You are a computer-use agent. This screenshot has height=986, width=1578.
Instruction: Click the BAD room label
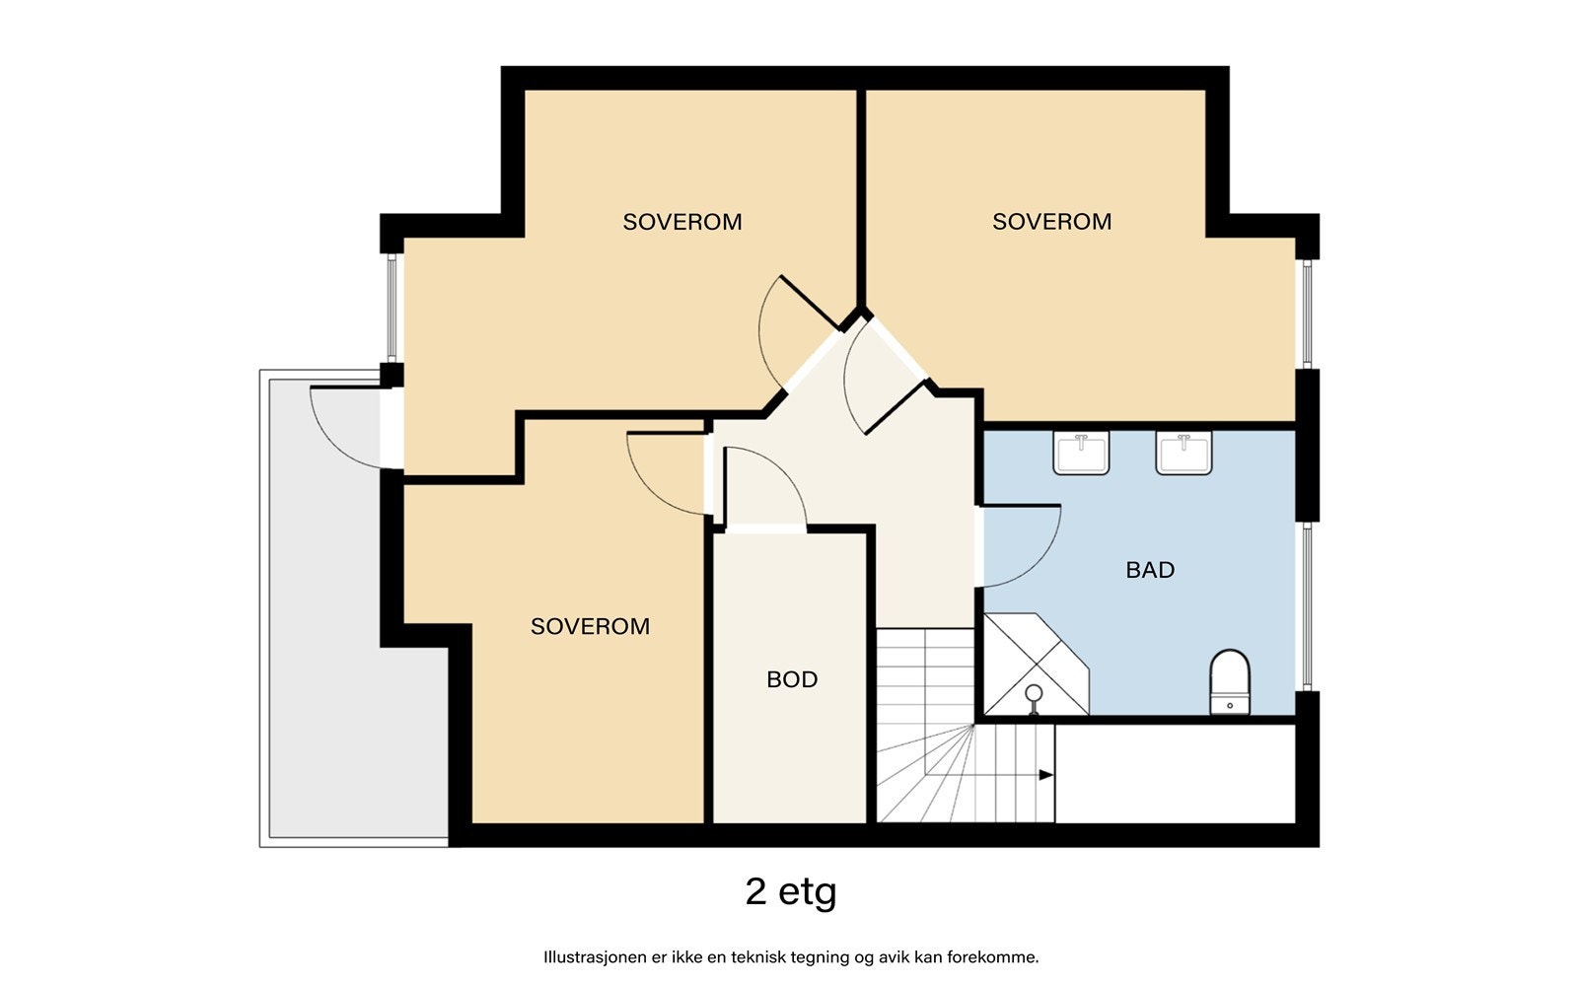[x=1150, y=570]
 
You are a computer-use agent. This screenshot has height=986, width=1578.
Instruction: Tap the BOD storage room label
[x=792, y=679]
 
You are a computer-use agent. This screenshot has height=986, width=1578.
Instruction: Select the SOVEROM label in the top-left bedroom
[x=681, y=222]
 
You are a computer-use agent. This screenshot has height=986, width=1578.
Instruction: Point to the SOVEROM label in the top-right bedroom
[x=1051, y=222]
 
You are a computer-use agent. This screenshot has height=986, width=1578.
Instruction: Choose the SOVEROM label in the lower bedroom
[x=590, y=626]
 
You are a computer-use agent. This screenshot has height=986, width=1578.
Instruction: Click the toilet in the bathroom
[x=1229, y=681]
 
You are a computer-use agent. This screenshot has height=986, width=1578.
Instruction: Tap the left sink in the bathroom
[x=1081, y=453]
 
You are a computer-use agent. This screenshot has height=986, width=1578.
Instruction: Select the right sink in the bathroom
[x=1183, y=453]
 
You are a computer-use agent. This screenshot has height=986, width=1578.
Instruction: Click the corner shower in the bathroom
[x=1036, y=665]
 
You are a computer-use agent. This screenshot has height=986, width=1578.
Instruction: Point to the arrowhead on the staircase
[x=1046, y=775]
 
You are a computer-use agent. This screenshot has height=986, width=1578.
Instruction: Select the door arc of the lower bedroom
[x=649, y=487]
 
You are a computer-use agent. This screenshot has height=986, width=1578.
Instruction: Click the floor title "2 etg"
[x=790, y=892]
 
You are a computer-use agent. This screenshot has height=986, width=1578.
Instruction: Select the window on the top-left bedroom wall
[x=392, y=308]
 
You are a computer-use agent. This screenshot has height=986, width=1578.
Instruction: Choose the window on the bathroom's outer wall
[x=1307, y=606]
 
